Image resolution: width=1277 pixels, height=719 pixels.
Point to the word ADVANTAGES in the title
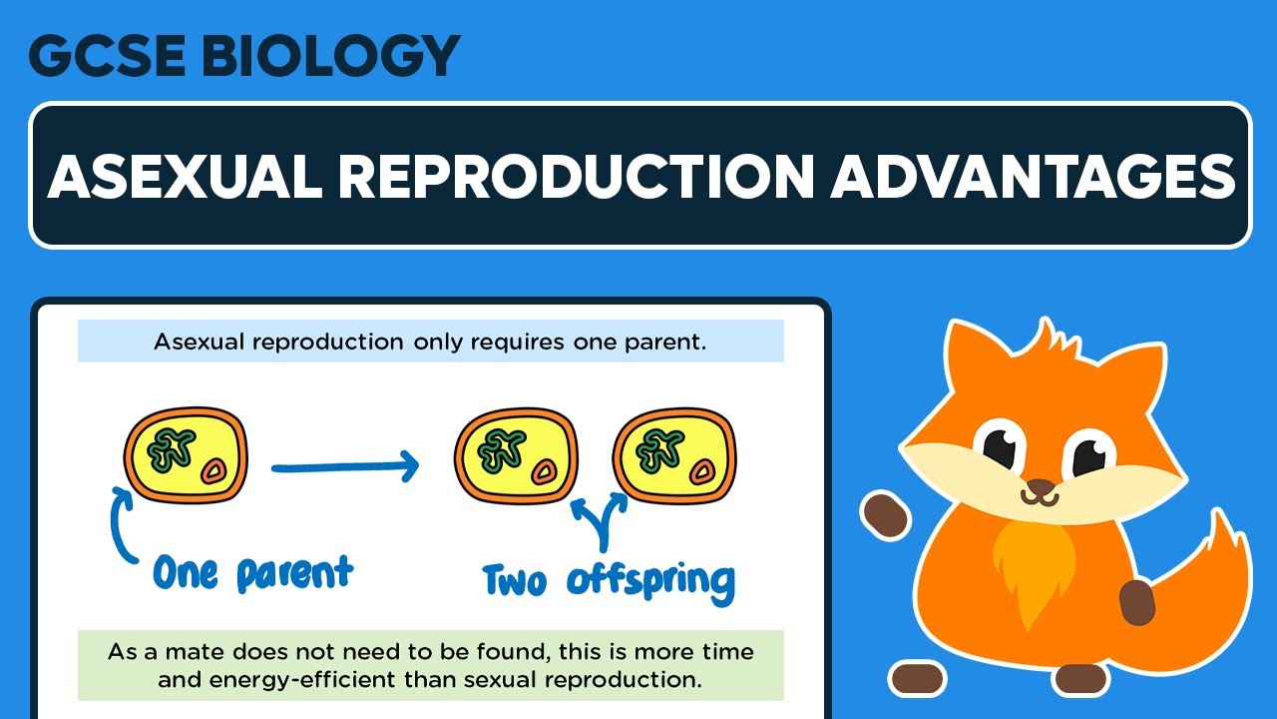1033,177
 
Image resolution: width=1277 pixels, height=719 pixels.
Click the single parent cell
186,458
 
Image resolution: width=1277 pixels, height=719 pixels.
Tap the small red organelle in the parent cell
213,471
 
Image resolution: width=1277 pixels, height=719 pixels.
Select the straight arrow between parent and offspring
344,465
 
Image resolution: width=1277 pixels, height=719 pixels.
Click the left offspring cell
516,458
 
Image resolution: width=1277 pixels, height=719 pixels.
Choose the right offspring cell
674,458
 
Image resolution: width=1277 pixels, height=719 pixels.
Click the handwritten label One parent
252,573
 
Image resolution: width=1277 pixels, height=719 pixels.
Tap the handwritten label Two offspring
609,580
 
